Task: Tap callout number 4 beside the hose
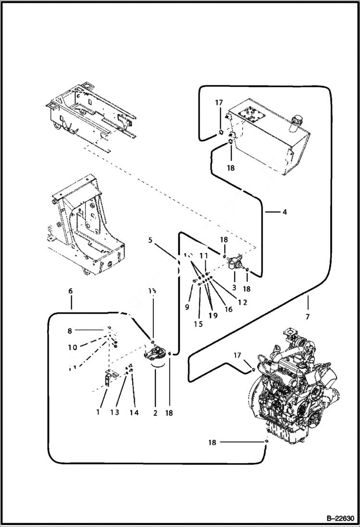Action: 285,211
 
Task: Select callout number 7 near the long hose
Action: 307,317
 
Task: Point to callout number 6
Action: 71,291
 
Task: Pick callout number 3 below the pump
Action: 234,287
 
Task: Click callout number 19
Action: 212,316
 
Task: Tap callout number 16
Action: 228,310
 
